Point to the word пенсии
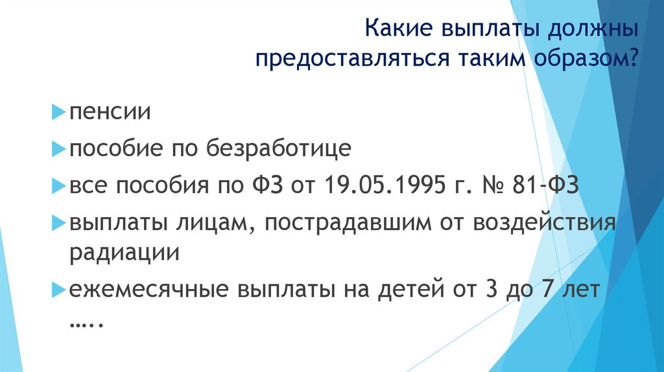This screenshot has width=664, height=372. coord(111,113)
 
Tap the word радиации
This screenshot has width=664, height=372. coord(124,251)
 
